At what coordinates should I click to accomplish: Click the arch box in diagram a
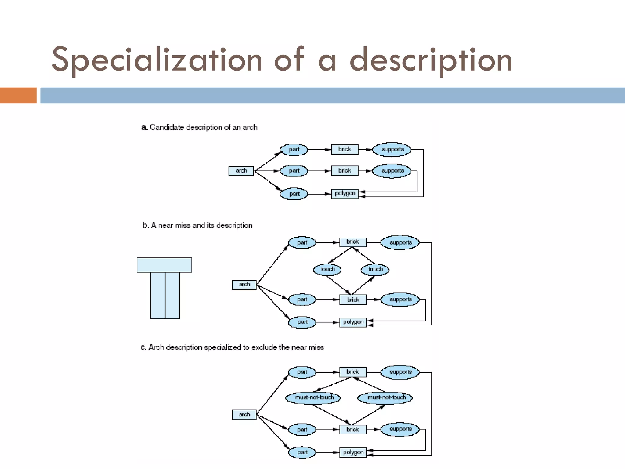241,171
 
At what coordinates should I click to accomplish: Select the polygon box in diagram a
345,194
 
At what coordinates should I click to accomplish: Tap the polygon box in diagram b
353,322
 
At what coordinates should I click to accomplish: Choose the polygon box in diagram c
353,453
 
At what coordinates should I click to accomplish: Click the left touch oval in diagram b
327,269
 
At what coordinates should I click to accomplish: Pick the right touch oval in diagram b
375,269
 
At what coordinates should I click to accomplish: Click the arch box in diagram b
244,285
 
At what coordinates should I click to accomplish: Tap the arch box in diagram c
244,415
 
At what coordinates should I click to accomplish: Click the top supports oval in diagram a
392,150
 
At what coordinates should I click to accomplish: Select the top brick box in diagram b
353,242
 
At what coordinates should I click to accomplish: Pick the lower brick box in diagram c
353,430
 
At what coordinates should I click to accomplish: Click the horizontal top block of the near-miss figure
164,265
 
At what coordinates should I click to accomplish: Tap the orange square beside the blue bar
18,95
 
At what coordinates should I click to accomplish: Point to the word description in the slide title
430,60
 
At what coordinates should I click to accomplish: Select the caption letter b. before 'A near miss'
146,225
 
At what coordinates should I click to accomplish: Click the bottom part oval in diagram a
294,194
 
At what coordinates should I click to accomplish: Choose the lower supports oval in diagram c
400,429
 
